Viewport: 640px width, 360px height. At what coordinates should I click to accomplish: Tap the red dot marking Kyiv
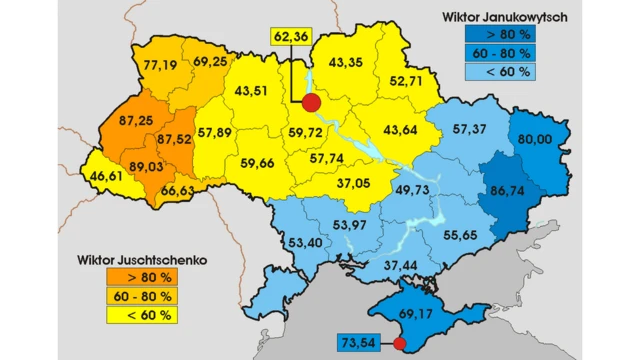click(311, 103)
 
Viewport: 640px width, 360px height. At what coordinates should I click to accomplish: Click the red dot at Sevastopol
click(399, 345)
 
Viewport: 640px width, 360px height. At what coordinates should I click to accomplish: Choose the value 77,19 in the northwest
click(159, 66)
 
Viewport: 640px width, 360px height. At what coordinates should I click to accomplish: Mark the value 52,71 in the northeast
click(406, 81)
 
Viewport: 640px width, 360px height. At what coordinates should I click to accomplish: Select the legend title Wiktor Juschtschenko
click(141, 258)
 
